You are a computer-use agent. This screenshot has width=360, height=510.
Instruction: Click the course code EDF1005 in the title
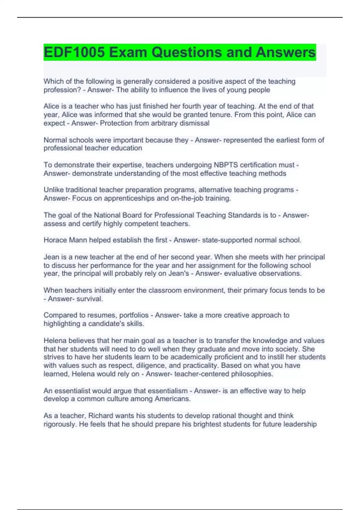pyautogui.click(x=74, y=52)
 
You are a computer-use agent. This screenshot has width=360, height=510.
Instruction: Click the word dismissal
pyautogui.click(x=194, y=123)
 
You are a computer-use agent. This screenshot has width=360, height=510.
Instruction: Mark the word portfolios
pyautogui.click(x=134, y=315)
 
